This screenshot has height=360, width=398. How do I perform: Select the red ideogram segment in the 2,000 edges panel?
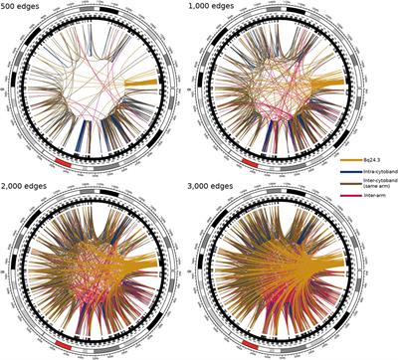point(65,341)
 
